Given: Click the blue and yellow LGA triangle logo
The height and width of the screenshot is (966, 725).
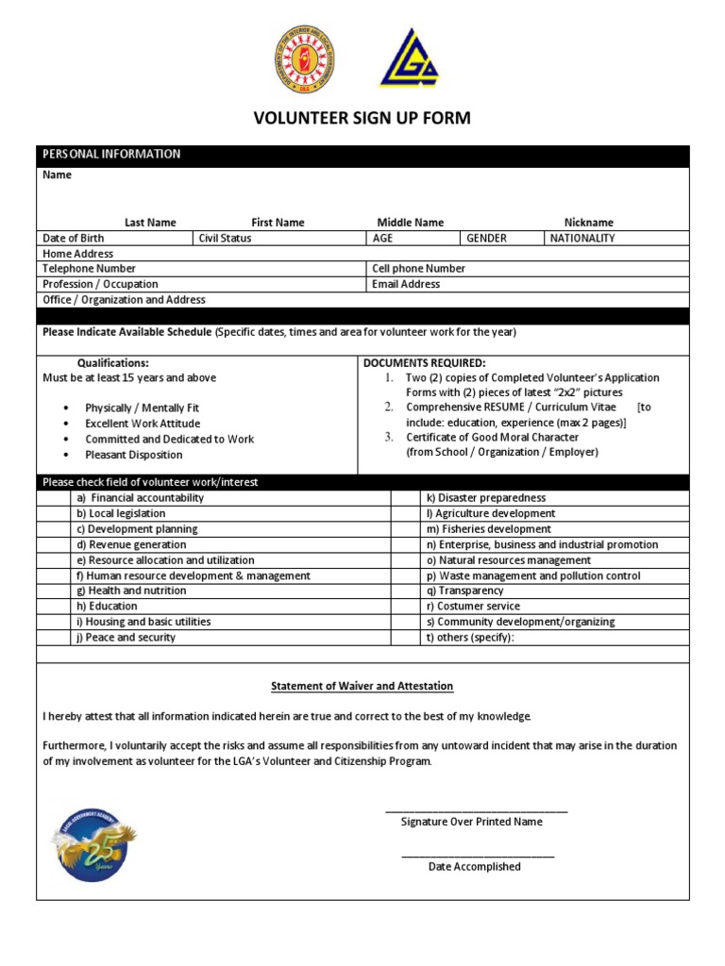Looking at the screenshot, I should coord(409,58).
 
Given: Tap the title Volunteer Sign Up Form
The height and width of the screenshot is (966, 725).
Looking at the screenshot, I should coord(362,119).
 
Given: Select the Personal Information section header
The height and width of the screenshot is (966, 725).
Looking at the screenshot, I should coord(111,155).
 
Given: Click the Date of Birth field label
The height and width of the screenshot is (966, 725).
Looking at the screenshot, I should coord(74,239).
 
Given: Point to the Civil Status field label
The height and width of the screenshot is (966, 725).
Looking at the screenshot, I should coord(225,239).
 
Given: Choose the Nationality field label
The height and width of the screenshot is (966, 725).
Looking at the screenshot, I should coord(582,239).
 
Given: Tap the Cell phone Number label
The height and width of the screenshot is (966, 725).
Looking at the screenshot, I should coord(418,269).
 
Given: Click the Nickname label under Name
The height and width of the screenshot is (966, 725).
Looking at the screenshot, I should coord(588,223).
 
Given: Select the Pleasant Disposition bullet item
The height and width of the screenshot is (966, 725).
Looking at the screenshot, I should coord(134,455).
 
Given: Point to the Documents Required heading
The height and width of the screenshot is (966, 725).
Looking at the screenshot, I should coord(425,363).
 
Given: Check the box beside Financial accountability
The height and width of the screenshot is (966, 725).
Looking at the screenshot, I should coord(55,498).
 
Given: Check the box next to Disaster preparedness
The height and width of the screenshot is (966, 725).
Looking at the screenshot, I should coord(405,498).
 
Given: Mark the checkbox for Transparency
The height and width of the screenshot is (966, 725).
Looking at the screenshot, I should coord(405,591).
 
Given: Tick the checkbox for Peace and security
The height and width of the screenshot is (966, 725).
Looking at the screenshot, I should coord(55,638).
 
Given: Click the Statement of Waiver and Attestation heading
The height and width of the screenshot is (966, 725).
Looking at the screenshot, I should coord(362,686).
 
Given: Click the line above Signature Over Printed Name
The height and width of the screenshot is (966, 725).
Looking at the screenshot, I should coord(476,810).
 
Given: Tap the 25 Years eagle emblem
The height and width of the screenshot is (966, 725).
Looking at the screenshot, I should coord(93,843).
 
